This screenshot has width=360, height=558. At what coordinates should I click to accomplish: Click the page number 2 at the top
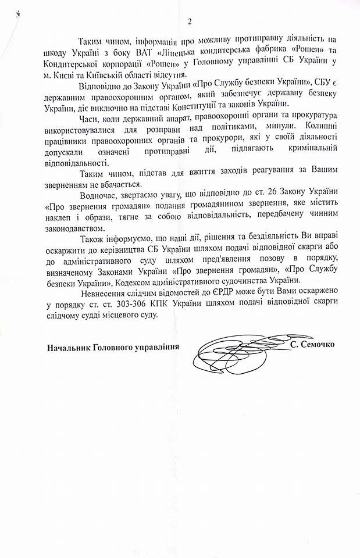(188, 22)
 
